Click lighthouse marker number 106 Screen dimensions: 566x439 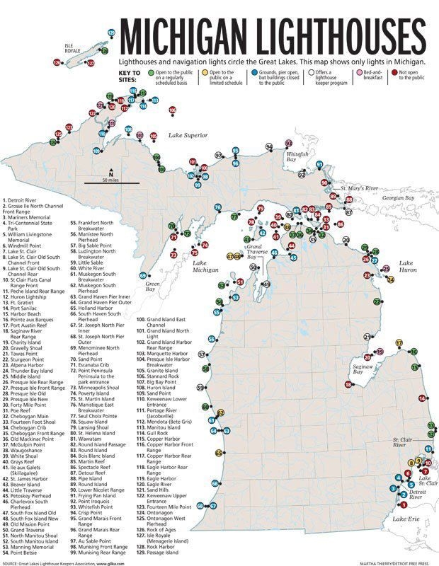coord(172,110)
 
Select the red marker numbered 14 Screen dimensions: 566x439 coord(422,399)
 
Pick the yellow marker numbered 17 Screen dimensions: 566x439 coord(399,342)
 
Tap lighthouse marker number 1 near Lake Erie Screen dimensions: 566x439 coord(404,504)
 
